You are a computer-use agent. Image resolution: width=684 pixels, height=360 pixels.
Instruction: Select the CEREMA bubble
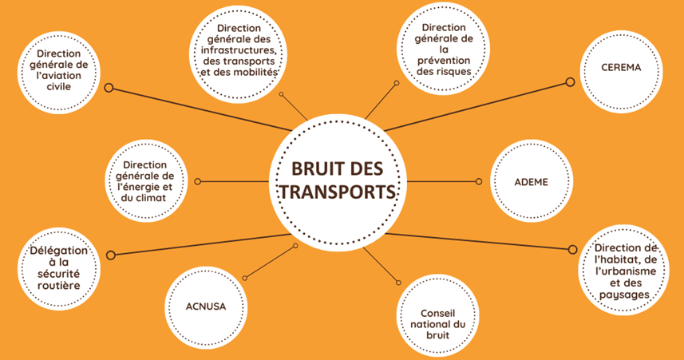coord(621,68)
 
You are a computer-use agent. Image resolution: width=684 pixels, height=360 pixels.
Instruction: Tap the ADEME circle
coord(531,181)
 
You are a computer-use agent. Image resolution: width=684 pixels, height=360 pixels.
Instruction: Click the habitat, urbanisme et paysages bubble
coord(626,271)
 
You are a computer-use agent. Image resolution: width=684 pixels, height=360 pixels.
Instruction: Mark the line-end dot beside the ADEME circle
coord(479,181)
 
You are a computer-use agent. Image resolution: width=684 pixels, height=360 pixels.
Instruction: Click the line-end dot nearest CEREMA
coord(570,81)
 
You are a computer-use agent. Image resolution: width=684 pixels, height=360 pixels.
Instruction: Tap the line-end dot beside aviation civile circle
coord(109,88)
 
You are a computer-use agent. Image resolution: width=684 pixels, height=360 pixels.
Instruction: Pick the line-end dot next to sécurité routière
coord(111,255)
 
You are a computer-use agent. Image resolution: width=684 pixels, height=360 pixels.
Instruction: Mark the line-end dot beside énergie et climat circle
coord(197,181)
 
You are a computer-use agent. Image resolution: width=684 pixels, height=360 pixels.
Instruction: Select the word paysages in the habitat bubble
coord(626,294)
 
